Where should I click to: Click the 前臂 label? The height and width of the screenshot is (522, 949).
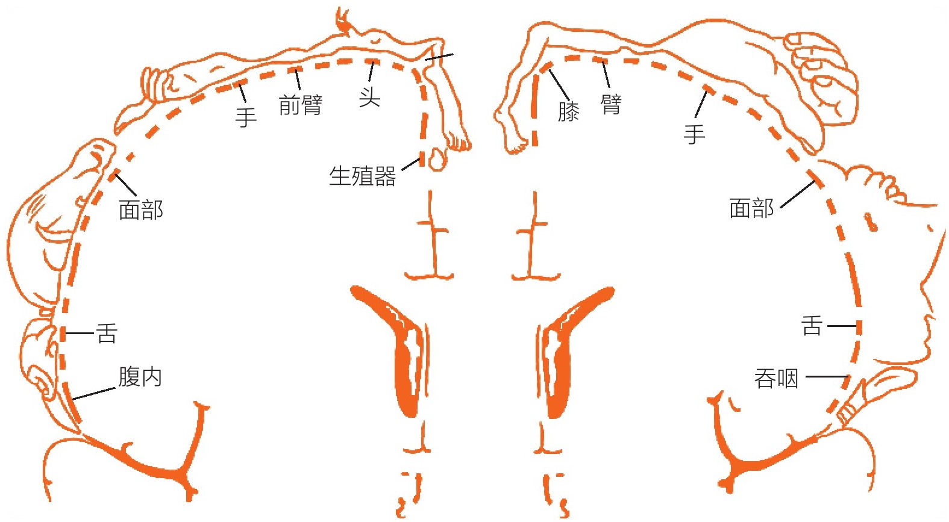pyautogui.click(x=301, y=105)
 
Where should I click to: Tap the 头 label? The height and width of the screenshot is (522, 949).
pyautogui.click(x=370, y=98)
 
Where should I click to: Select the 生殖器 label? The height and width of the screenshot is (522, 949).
pyautogui.click(x=363, y=176)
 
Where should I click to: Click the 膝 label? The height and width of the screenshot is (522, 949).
pyautogui.click(x=569, y=111)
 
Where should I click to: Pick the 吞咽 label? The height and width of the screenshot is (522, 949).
pyautogui.click(x=776, y=379)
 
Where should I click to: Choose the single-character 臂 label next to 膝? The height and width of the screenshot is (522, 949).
pyautogui.click(x=611, y=104)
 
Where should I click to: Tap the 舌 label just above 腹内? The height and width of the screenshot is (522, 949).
pyautogui.click(x=107, y=333)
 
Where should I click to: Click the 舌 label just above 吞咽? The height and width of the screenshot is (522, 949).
pyautogui.click(x=812, y=326)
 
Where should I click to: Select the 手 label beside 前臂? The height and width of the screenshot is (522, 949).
pyautogui.click(x=246, y=117)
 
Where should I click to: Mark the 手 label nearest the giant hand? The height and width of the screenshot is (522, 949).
pyautogui.click(x=694, y=134)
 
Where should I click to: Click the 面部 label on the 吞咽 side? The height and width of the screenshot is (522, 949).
pyautogui.click(x=751, y=208)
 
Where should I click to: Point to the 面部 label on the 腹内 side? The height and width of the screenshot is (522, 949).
pyautogui.click(x=141, y=210)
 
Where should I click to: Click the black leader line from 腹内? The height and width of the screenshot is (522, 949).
pyautogui.click(x=93, y=394)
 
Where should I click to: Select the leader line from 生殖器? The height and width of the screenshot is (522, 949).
pyautogui.click(x=411, y=165)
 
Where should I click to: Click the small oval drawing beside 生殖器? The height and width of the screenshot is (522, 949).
pyautogui.click(x=437, y=159)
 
